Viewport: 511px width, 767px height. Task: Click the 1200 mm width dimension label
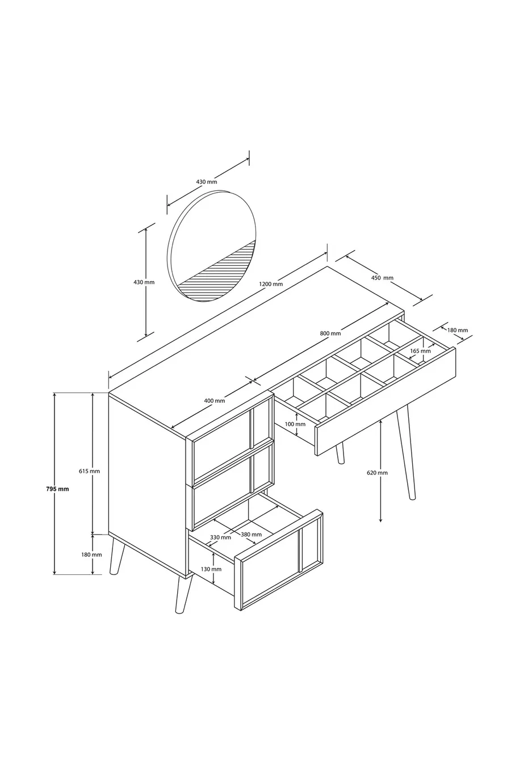click(271, 284)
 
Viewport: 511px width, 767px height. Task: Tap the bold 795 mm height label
click(57, 489)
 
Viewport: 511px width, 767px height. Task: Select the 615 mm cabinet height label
click(89, 471)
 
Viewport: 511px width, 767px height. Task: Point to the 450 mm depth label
click(382, 278)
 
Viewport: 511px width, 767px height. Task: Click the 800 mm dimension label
click(330, 333)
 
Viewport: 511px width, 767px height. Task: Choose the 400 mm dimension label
click(214, 401)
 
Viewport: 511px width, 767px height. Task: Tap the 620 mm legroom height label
click(377, 473)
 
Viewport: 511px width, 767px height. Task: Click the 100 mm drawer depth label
click(295, 424)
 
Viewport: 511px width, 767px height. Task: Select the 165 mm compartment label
click(420, 351)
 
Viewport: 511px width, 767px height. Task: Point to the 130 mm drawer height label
click(211, 569)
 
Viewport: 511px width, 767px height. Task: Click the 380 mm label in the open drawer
click(251, 535)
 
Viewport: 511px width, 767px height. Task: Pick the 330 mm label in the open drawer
click(220, 537)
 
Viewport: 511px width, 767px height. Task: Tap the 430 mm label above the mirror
click(206, 182)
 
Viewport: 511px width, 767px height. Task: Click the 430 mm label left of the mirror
click(144, 282)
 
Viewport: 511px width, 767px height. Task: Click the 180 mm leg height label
click(91, 555)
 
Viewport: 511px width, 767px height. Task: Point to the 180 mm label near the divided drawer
click(457, 331)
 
